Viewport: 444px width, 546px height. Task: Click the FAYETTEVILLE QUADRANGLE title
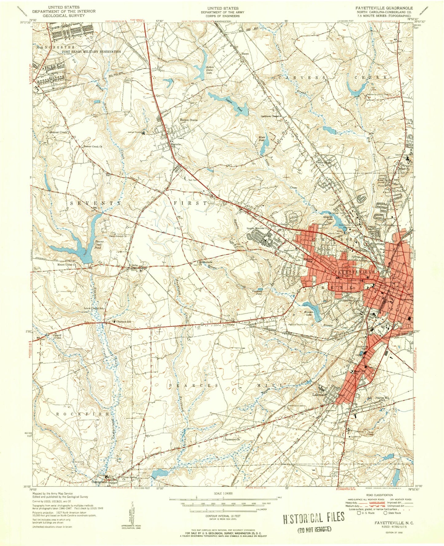[383, 7]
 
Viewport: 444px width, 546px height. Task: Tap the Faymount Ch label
[232, 440]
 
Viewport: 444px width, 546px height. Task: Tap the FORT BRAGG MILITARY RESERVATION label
[92, 52]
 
